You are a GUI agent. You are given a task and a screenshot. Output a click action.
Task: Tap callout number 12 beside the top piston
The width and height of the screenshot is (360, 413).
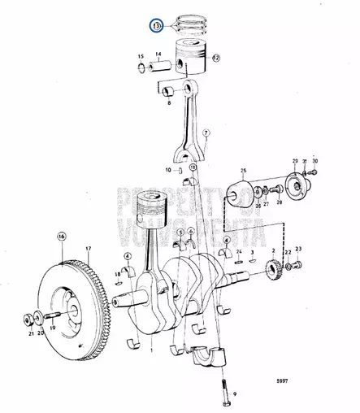point(216,58)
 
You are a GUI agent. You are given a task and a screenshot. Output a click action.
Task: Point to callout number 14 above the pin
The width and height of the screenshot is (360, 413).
point(158,54)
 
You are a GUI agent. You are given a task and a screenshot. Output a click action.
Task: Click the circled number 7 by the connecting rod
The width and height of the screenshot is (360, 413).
point(206,132)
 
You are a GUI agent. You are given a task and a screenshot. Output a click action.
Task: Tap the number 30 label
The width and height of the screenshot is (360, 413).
point(315,161)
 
